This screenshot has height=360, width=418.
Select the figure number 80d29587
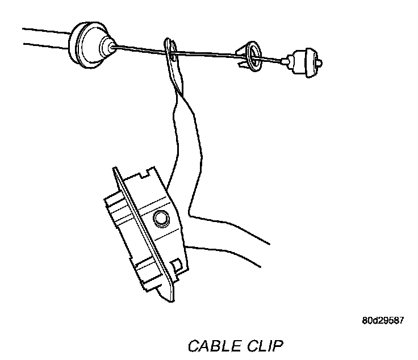click(382, 320)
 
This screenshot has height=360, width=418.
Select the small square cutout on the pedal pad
click(177, 262)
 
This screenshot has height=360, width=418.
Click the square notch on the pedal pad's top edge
click(150, 170)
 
